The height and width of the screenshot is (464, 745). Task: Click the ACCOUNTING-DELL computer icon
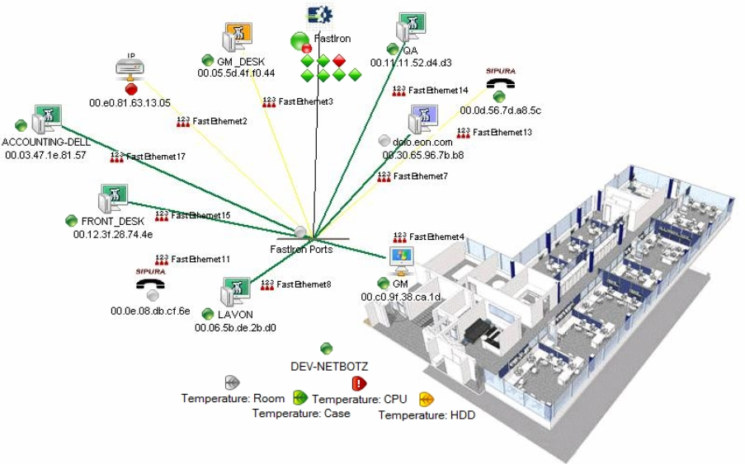pos(47,120)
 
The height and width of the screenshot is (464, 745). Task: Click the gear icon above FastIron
pos(318,14)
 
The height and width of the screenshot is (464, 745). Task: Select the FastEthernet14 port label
pos(437,90)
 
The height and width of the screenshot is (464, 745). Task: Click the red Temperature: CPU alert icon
pos(359,383)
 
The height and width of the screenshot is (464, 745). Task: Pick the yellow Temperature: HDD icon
pos(426,400)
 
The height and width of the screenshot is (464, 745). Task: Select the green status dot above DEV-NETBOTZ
pos(327,349)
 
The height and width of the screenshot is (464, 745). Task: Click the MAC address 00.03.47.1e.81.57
pos(45,155)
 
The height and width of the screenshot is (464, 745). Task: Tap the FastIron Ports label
pos(302,249)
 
